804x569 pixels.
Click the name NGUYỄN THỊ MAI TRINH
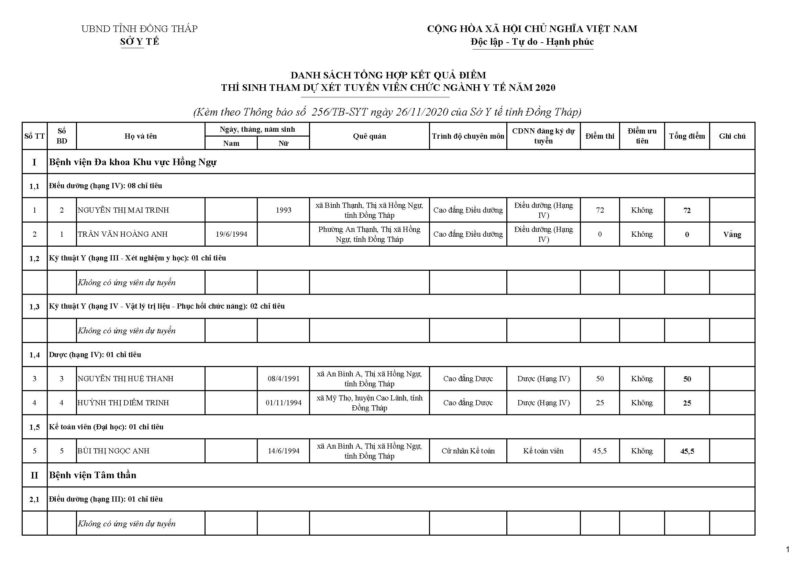click(123, 210)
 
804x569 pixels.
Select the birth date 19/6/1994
click(231, 234)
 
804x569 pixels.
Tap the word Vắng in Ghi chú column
click(732, 234)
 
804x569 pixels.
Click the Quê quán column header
click(369, 136)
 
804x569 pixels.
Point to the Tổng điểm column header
click(687, 136)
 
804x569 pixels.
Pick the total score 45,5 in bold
click(687, 451)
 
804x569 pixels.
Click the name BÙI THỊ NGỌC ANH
click(113, 451)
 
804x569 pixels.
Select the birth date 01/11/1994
click(283, 403)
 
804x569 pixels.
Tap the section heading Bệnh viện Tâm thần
click(92, 475)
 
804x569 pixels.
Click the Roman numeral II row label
click(34, 475)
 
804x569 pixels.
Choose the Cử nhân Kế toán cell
click(468, 451)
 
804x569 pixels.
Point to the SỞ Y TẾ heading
click(139, 42)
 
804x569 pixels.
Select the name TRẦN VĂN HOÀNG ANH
click(123, 234)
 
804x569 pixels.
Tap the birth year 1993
click(283, 210)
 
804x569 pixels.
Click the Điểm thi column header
click(599, 136)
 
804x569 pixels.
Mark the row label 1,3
click(34, 307)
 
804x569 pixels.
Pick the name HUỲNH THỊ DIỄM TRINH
click(123, 403)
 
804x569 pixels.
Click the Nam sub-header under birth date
click(231, 143)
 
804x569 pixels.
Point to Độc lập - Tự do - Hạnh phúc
click(532, 42)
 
